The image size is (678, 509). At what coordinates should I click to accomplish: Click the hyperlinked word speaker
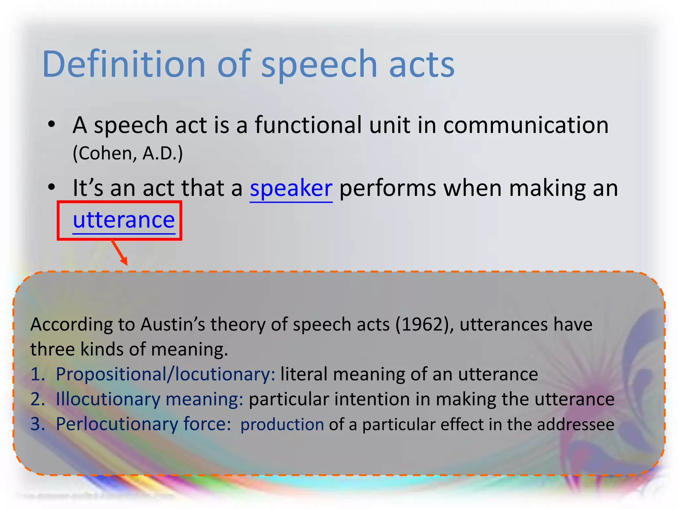click(x=291, y=189)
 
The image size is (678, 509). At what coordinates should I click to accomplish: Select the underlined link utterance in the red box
click(x=124, y=220)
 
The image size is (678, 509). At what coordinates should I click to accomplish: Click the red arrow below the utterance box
click(x=120, y=253)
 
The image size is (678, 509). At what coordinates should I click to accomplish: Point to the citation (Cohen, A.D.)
click(x=128, y=153)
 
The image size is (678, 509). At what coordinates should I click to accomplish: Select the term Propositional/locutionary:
click(x=166, y=374)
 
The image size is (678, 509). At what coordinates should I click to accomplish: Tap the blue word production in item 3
click(x=282, y=425)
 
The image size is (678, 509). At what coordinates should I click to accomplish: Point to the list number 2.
click(x=37, y=399)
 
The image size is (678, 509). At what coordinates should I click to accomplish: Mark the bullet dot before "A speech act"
click(x=51, y=125)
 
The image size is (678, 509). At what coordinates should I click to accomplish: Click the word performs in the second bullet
click(x=388, y=189)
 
